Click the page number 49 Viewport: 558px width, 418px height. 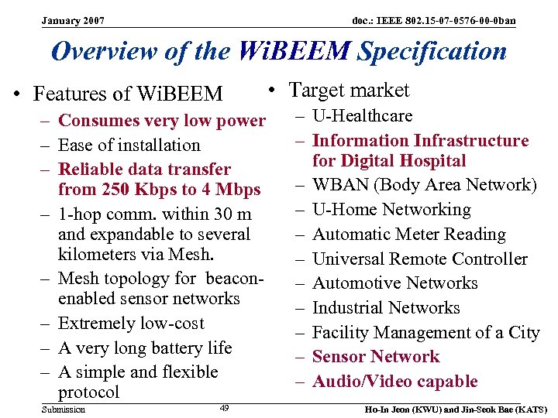[224, 408]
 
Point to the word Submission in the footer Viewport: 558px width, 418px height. [64, 409]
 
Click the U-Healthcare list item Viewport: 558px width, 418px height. [362, 116]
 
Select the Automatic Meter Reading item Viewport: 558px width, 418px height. [408, 235]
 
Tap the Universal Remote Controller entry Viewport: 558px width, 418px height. [419, 259]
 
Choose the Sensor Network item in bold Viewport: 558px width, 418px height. [375, 357]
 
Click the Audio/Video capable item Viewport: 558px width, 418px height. [394, 382]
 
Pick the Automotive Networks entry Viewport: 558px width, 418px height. [394, 283]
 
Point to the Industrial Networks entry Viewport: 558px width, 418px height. [386, 308]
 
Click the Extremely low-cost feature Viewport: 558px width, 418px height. [131, 324]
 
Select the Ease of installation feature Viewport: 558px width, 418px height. [129, 145]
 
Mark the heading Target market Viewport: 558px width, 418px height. [349, 91]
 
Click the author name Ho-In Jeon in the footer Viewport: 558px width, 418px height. [384, 409]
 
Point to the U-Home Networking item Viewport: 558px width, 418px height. [391, 210]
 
